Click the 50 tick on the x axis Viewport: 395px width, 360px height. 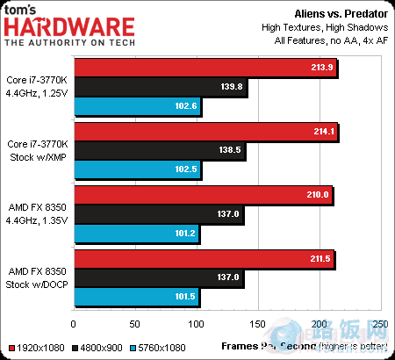(136, 325)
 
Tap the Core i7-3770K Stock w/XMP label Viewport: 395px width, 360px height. (39, 150)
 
